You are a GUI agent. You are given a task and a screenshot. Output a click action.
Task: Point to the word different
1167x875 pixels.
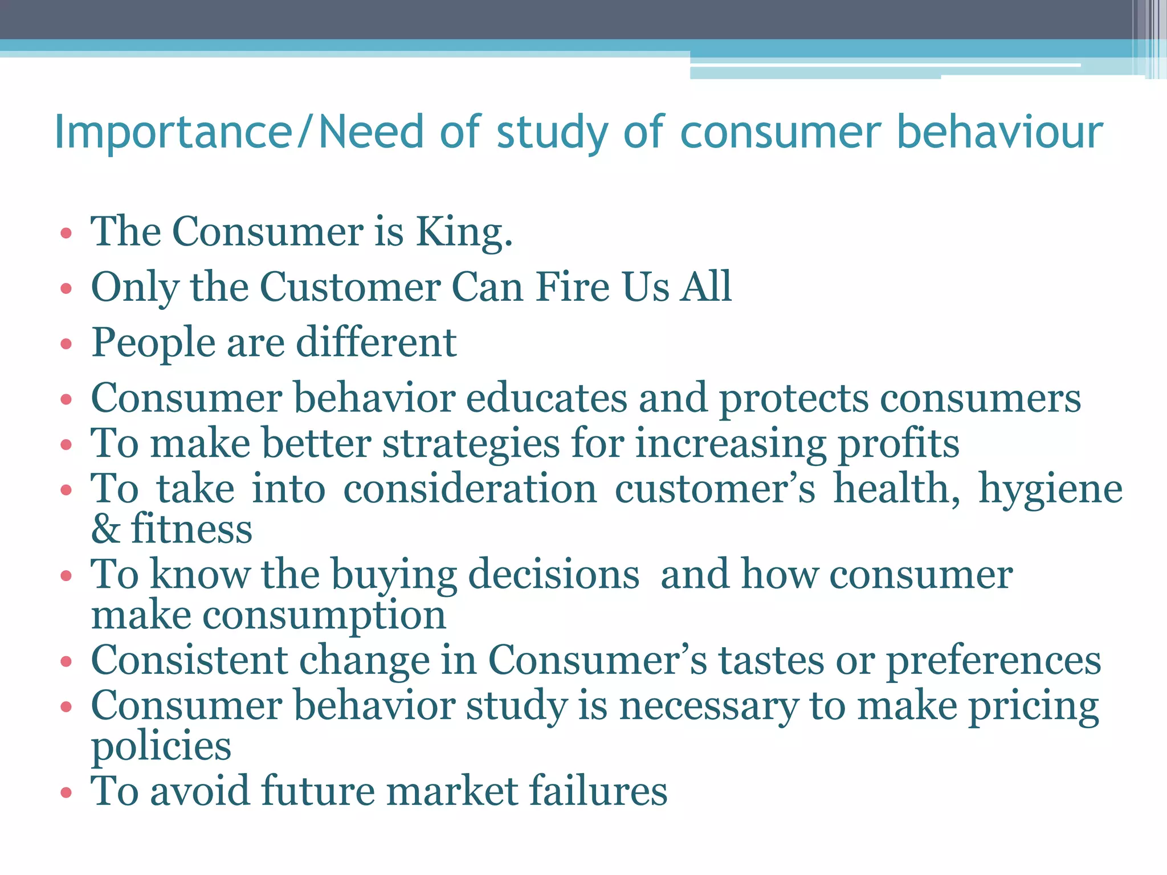point(376,342)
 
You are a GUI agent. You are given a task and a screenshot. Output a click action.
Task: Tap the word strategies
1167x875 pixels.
point(471,444)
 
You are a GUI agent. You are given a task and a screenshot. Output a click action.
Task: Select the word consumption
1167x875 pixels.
point(325,616)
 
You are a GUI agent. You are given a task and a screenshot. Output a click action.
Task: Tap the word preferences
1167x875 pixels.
point(994,661)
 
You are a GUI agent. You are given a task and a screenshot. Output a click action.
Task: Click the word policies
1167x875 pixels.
point(161,746)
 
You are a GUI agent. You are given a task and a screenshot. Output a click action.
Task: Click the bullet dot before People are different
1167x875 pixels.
point(66,344)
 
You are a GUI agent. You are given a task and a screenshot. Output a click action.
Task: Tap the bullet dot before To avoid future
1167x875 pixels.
point(66,792)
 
